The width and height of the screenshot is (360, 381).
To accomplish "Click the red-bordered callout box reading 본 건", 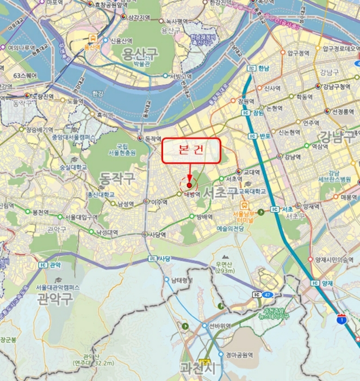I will click(x=191, y=151).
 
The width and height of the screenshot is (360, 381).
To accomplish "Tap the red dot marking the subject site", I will click(x=189, y=185).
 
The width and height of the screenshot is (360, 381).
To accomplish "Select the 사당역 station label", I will click(x=157, y=235).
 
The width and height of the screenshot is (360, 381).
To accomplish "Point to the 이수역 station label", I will click(x=159, y=202).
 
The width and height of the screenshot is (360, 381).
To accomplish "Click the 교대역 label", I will click(x=253, y=172).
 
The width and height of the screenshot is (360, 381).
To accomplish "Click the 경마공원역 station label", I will click(x=240, y=354).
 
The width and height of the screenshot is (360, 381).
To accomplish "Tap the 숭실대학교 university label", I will click(x=73, y=167).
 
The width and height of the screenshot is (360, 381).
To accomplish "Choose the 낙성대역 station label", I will click(x=107, y=232).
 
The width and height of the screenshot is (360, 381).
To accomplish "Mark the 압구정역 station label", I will click(x=299, y=53).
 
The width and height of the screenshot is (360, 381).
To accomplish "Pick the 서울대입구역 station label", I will click(x=82, y=217).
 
